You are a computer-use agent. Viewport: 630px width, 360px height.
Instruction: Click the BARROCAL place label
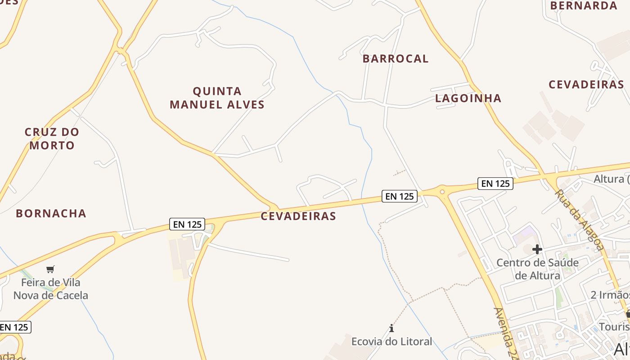(396, 58)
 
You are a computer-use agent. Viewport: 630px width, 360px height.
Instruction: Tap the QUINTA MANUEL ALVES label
(217, 98)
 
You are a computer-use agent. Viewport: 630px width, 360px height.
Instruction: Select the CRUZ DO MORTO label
(52, 139)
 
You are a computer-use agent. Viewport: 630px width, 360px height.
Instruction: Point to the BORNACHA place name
(51, 213)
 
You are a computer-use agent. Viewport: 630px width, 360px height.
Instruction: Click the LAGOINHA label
(468, 98)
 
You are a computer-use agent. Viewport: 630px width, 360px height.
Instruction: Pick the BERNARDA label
(584, 6)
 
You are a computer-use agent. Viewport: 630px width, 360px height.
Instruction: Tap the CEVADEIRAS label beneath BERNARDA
(586, 85)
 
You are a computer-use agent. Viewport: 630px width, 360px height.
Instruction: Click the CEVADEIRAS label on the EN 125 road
(298, 216)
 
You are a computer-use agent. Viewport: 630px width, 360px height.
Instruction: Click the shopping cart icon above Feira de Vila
(50, 269)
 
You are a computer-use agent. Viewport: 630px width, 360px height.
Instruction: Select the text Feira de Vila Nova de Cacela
(51, 289)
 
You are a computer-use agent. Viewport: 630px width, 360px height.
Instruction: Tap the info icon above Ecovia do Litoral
(391, 328)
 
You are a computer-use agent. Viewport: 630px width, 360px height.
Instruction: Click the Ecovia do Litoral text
(391, 342)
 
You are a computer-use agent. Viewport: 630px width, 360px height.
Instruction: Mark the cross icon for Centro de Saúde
(537, 249)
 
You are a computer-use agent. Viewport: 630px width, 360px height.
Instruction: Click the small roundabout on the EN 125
(442, 192)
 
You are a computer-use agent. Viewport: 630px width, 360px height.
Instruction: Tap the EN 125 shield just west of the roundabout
(400, 196)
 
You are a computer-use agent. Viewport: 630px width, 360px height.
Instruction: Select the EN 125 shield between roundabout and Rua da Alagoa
(495, 184)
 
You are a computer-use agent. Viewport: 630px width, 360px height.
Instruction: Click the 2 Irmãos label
(610, 295)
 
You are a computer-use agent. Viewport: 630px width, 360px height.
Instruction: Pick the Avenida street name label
(506, 333)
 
